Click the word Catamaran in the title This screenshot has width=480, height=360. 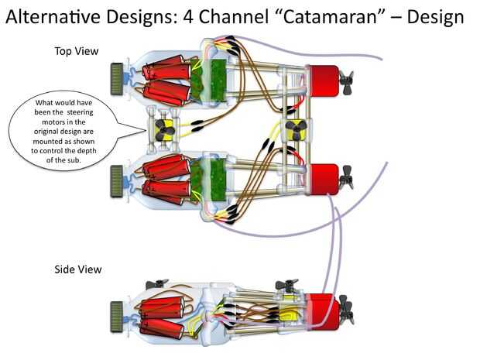click(329, 16)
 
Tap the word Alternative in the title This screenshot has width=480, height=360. click(53, 16)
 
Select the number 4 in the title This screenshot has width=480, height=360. click(188, 17)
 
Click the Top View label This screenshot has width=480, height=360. click(77, 51)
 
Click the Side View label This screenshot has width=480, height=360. click(78, 269)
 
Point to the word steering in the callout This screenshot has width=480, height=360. click(81, 112)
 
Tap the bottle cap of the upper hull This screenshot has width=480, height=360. click(117, 79)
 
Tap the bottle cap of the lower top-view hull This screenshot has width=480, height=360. click(117, 181)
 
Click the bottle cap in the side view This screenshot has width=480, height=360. click(117, 317)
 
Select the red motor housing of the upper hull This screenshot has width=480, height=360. click(324, 81)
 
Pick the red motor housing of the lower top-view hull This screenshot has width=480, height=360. click(324, 180)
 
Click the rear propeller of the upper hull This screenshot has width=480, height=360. click(347, 82)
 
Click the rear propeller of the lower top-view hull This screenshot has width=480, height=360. click(347, 177)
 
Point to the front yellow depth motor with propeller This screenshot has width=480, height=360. click(164, 130)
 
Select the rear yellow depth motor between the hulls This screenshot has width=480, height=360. click(296, 130)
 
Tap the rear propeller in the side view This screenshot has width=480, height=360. click(347, 310)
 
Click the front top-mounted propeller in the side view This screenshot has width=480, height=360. click(156, 284)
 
